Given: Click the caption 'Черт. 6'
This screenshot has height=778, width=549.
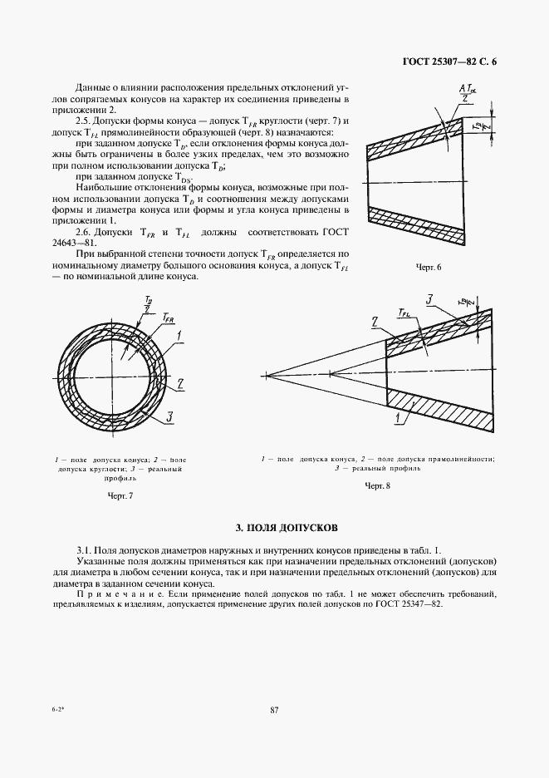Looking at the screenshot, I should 428,267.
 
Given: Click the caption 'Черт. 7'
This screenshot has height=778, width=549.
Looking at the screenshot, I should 121,496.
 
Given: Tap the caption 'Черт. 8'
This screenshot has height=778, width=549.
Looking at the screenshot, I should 378,485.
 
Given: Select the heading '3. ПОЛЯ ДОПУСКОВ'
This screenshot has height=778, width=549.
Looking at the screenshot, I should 287,528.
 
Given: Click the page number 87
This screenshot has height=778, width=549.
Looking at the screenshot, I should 275,709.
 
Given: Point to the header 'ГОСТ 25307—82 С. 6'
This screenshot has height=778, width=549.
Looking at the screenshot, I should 449,61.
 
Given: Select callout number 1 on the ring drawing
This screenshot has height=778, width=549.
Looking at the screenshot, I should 178,335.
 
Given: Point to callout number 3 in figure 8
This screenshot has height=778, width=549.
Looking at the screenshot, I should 430,298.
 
